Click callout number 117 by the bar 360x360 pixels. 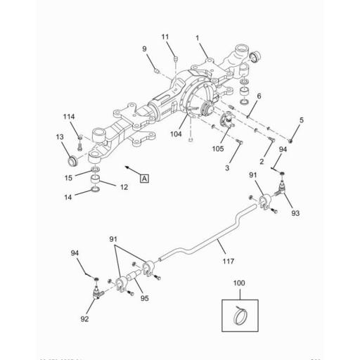[228, 262]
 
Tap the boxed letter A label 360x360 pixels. [144, 179]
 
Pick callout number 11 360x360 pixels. [165, 36]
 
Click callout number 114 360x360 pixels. [68, 116]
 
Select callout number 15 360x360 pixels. [68, 178]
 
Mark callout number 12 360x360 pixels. [123, 187]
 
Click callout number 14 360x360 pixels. [68, 198]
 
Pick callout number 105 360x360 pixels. [218, 148]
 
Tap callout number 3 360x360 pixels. [227, 168]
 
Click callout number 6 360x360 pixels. [259, 96]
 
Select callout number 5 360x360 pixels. [302, 120]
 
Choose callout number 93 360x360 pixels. [295, 212]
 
